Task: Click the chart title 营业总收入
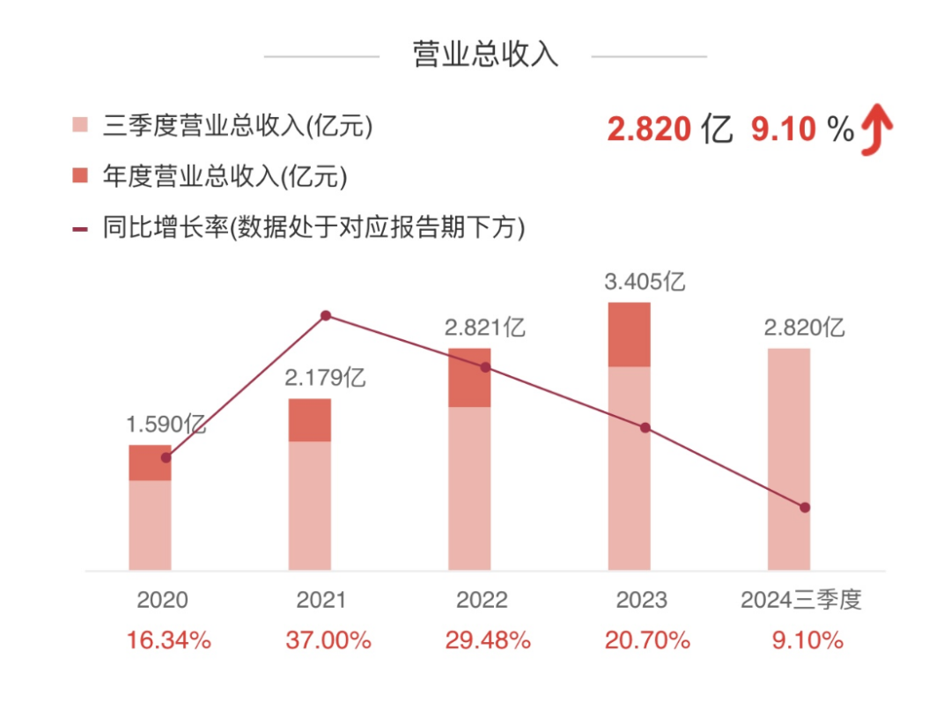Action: (485, 55)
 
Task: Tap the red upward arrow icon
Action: (877, 129)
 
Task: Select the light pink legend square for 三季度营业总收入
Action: (80, 126)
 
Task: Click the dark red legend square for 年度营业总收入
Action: (80, 176)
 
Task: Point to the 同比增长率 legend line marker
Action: (80, 229)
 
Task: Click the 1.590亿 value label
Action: (166, 424)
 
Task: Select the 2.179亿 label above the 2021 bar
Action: (325, 379)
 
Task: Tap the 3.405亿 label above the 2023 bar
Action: (645, 282)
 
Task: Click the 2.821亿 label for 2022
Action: (484, 329)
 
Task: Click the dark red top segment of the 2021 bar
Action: (310, 419)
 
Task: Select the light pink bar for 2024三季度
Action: (789, 458)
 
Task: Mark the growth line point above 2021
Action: (326, 315)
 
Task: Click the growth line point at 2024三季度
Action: (804, 507)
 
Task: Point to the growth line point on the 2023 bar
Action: (645, 428)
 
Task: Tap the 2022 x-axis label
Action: (482, 601)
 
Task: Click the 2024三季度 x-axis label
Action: (800, 601)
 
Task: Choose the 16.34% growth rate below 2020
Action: (168, 640)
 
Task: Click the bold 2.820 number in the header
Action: (649, 130)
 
